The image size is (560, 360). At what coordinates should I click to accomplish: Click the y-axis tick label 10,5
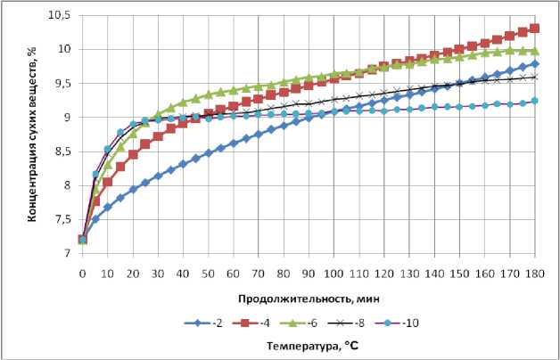pyautogui.click(x=61, y=15)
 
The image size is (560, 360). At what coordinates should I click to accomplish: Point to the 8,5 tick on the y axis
pyautogui.click(x=63, y=151)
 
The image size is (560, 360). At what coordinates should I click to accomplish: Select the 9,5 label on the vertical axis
pyautogui.click(x=63, y=83)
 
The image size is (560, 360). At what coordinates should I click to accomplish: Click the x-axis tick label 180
pyautogui.click(x=535, y=266)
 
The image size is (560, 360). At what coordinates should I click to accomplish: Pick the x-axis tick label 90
pyautogui.click(x=309, y=266)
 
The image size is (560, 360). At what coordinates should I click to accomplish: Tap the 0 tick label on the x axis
pyautogui.click(x=82, y=266)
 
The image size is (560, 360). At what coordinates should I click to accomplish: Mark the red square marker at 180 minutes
pyautogui.click(x=535, y=29)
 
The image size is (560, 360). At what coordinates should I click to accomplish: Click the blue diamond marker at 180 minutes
pyautogui.click(x=535, y=64)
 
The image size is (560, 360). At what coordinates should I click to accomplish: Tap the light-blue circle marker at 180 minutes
pyautogui.click(x=535, y=101)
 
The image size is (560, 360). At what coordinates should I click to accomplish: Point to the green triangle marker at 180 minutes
pyautogui.click(x=535, y=51)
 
